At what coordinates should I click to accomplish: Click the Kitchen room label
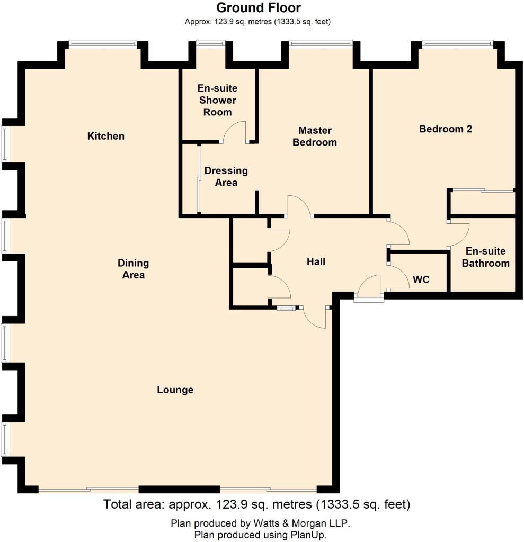click(105, 136)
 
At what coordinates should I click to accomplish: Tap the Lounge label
click(175, 390)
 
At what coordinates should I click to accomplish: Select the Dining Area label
click(133, 269)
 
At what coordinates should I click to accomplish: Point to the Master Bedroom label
click(315, 136)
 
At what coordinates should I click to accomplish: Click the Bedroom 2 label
click(446, 129)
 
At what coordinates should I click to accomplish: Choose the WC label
click(421, 279)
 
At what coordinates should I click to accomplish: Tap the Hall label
click(316, 261)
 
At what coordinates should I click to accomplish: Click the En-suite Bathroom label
click(485, 257)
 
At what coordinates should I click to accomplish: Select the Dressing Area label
click(226, 177)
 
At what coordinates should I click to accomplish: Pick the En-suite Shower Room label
click(217, 100)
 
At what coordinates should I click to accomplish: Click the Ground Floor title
click(259, 7)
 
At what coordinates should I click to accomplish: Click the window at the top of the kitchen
click(103, 43)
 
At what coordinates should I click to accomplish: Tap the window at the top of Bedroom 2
click(458, 43)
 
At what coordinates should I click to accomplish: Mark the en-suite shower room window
click(210, 43)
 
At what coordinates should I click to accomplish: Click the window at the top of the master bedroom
click(321, 43)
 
